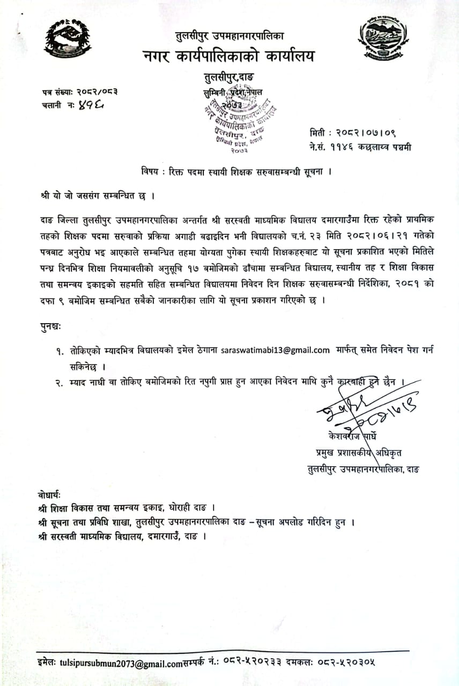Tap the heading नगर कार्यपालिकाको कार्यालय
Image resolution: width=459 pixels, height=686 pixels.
(228, 56)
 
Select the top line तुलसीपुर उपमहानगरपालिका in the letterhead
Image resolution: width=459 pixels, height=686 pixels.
(230, 36)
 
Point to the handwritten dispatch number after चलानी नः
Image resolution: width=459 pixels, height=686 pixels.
(90, 106)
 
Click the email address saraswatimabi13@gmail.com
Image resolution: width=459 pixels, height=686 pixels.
(275, 351)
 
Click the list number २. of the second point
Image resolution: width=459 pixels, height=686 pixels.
(60, 382)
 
